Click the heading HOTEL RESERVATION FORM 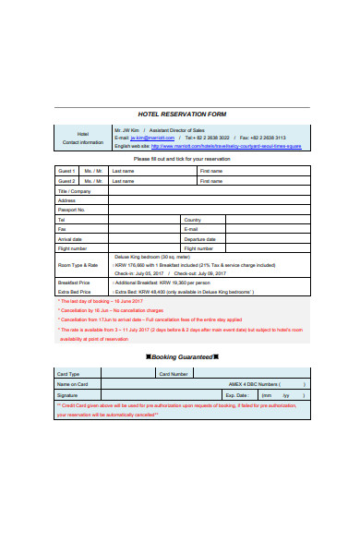[181, 114]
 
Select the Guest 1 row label [66, 171]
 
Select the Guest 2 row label [66, 181]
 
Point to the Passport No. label [71, 210]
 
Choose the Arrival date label [71, 239]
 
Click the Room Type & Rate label [78, 265]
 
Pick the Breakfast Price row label [73, 283]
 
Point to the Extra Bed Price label [73, 292]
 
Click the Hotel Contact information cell [82, 138]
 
